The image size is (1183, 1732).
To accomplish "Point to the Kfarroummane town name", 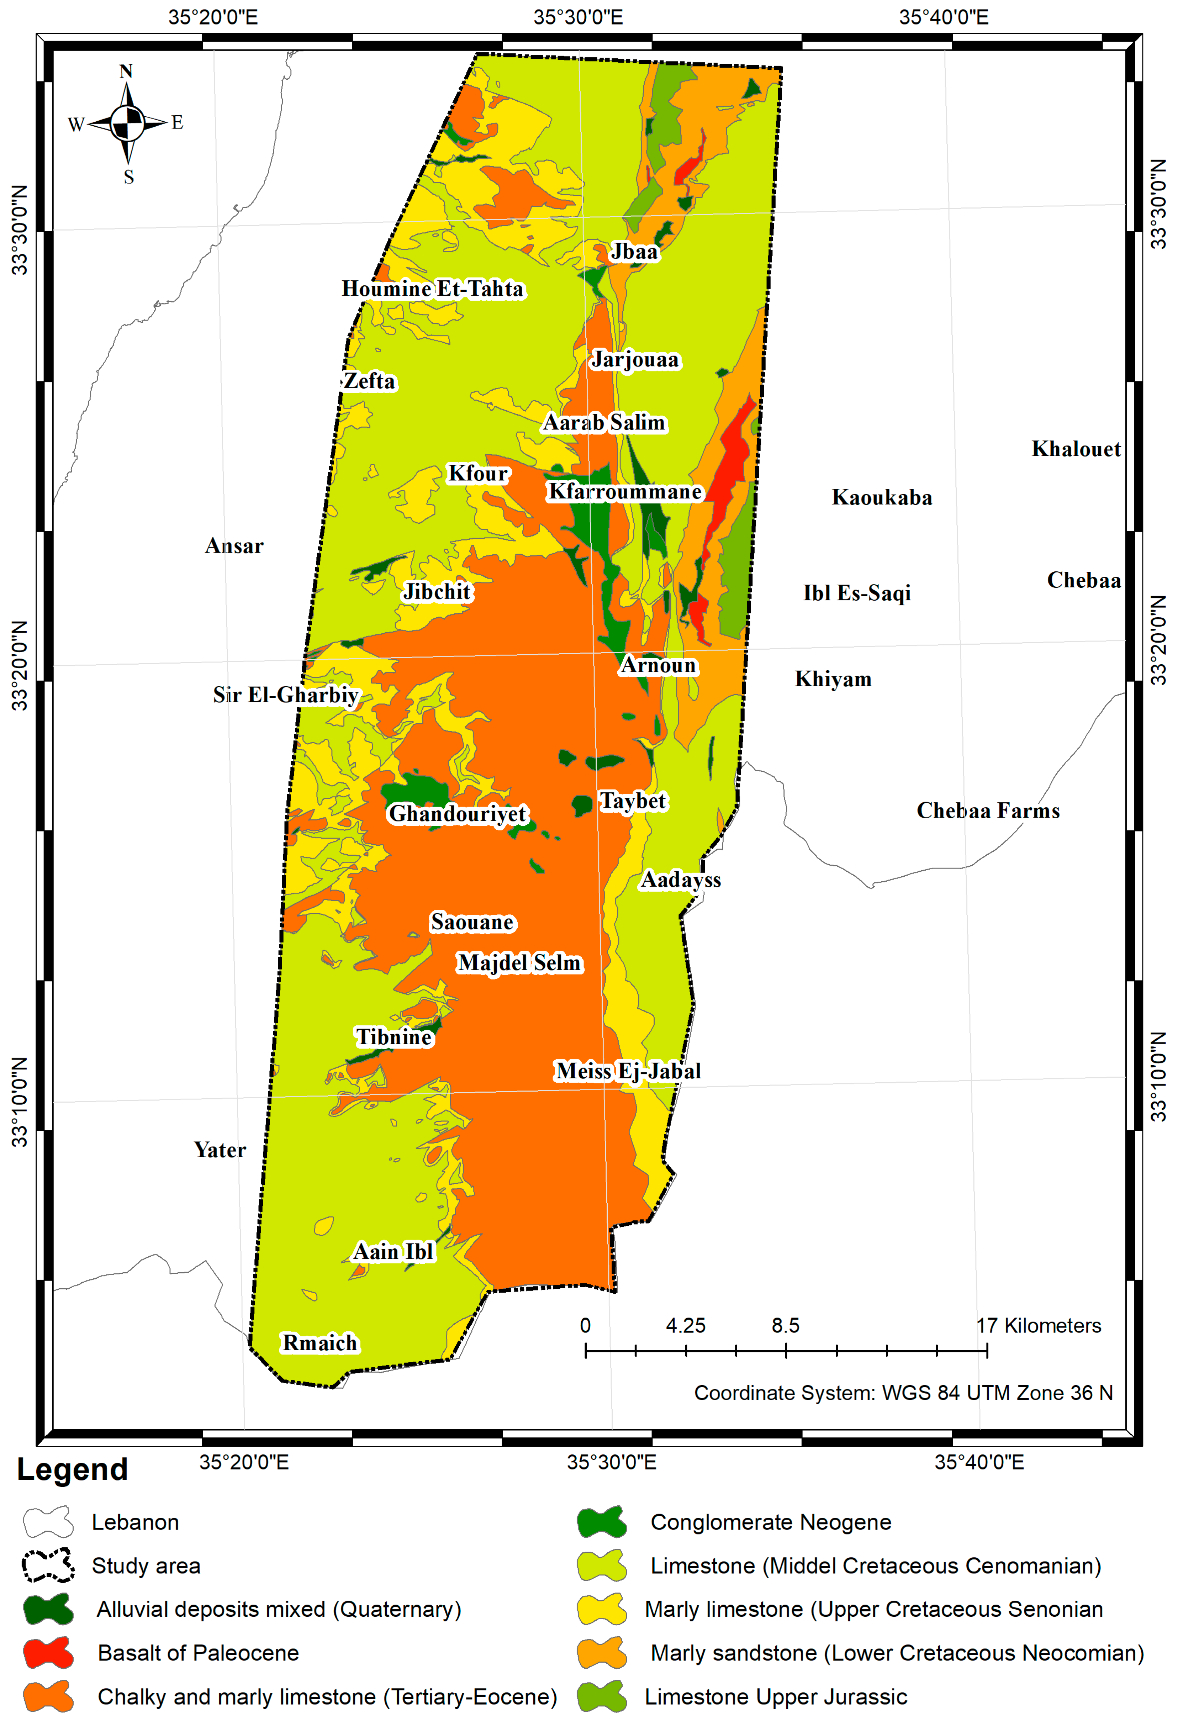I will pyautogui.click(x=625, y=492).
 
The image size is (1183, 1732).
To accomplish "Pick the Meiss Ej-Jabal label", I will pyautogui.click(x=628, y=1071).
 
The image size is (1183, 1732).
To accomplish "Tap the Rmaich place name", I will pyautogui.click(x=320, y=1343).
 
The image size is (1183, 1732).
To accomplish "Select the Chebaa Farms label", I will pyautogui.click(x=988, y=811).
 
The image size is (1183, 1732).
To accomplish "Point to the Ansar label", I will pyautogui.click(x=234, y=546).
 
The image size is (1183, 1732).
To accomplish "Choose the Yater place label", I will pyautogui.click(x=220, y=1150).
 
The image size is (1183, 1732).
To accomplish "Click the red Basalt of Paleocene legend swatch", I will pyautogui.click(x=48, y=1653).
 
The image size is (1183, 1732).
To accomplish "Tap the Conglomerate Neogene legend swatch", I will pyautogui.click(x=602, y=1522).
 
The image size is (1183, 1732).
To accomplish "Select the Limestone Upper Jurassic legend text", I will pyautogui.click(x=775, y=1697).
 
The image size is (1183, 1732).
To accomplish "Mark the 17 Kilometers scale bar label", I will pyautogui.click(x=1039, y=1326).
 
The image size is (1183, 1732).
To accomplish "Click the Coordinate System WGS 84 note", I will pyautogui.click(x=903, y=1393).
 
